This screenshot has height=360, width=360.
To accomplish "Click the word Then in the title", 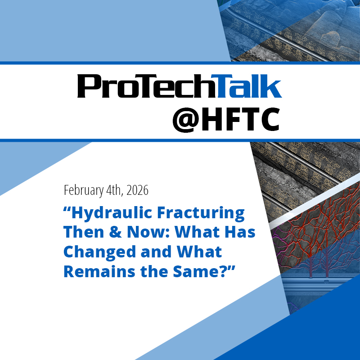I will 85,233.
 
